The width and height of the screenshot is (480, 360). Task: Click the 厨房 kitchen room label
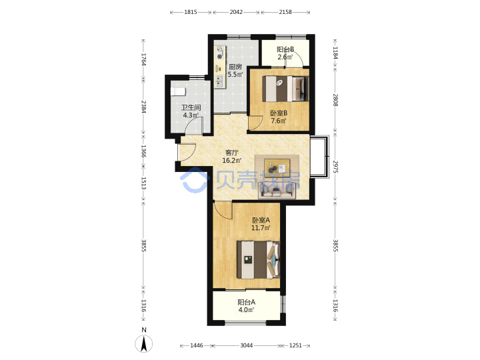click(x=235, y=67)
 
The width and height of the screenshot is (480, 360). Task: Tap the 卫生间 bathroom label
click(x=191, y=107)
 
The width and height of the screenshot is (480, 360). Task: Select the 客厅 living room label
click(x=232, y=153)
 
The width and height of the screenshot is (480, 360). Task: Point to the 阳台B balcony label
click(x=285, y=49)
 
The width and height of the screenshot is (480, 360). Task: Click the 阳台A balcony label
click(x=247, y=302)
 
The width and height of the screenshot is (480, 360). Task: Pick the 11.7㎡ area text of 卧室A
click(x=261, y=228)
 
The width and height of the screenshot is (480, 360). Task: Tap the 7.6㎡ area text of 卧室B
click(x=279, y=121)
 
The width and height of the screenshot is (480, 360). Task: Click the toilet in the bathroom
click(x=178, y=91)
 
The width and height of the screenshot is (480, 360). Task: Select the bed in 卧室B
click(x=285, y=89)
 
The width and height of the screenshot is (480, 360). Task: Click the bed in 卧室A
click(x=259, y=260)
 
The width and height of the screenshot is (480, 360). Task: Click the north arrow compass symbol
click(x=144, y=343)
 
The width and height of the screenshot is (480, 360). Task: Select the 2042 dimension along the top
click(x=236, y=12)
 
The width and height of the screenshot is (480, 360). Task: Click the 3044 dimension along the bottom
click(x=247, y=345)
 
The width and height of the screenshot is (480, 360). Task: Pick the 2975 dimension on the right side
click(x=335, y=167)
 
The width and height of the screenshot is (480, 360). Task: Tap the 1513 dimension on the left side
click(x=143, y=183)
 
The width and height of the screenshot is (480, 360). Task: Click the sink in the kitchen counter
click(x=219, y=81)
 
